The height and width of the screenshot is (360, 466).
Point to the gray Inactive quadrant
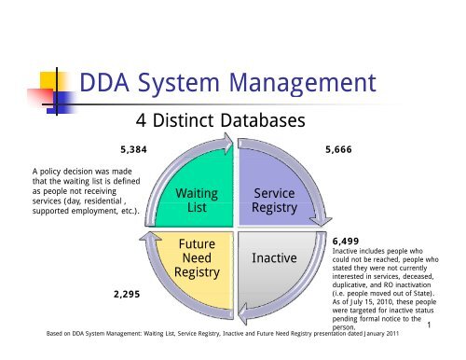(x=274, y=256)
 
